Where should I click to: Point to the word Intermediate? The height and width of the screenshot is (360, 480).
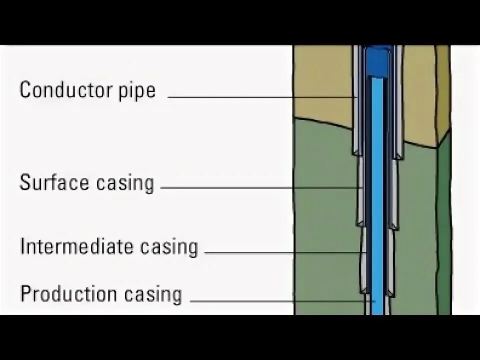[76, 246]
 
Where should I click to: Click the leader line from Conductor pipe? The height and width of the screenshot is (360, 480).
[260, 97]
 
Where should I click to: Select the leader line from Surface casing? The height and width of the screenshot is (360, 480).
[260, 188]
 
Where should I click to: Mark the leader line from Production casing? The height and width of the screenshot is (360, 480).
[280, 301]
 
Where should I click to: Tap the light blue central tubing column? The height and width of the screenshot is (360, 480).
[377, 200]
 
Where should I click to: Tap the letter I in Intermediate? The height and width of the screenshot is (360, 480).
[22, 246]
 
